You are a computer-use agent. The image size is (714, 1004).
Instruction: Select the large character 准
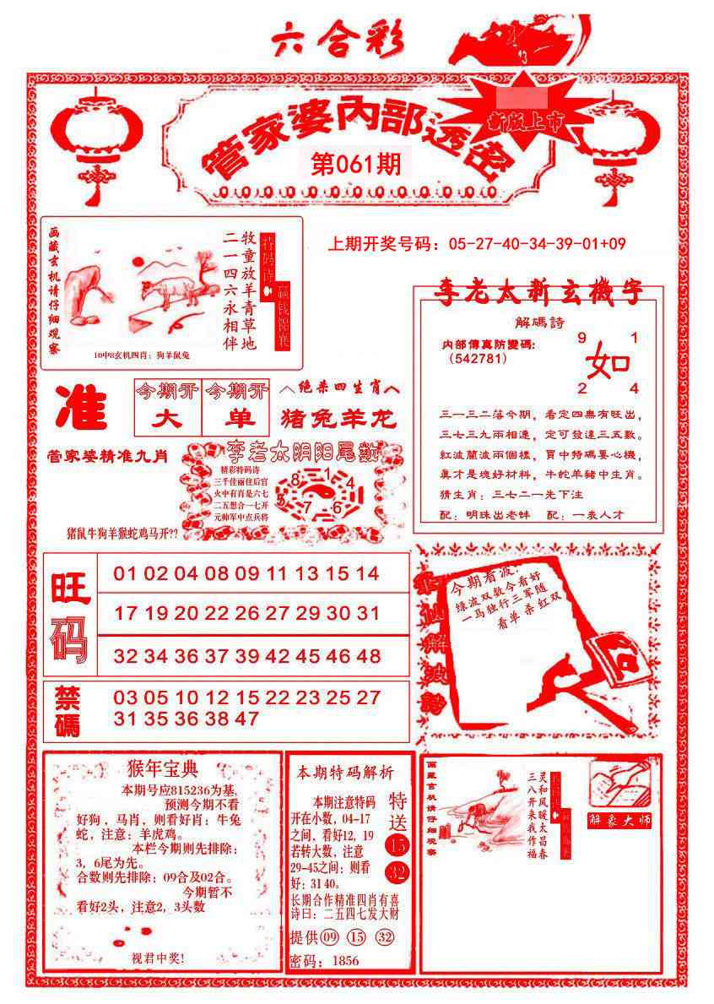click(82, 410)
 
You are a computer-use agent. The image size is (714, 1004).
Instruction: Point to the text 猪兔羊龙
click(338, 420)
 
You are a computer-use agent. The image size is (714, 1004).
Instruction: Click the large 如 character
click(608, 363)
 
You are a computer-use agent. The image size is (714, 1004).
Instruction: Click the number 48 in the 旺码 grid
click(368, 657)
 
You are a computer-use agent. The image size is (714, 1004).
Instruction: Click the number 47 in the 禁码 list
click(246, 719)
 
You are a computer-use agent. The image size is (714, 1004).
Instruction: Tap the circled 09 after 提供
click(330, 936)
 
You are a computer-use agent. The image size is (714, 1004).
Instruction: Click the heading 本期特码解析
click(344, 772)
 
